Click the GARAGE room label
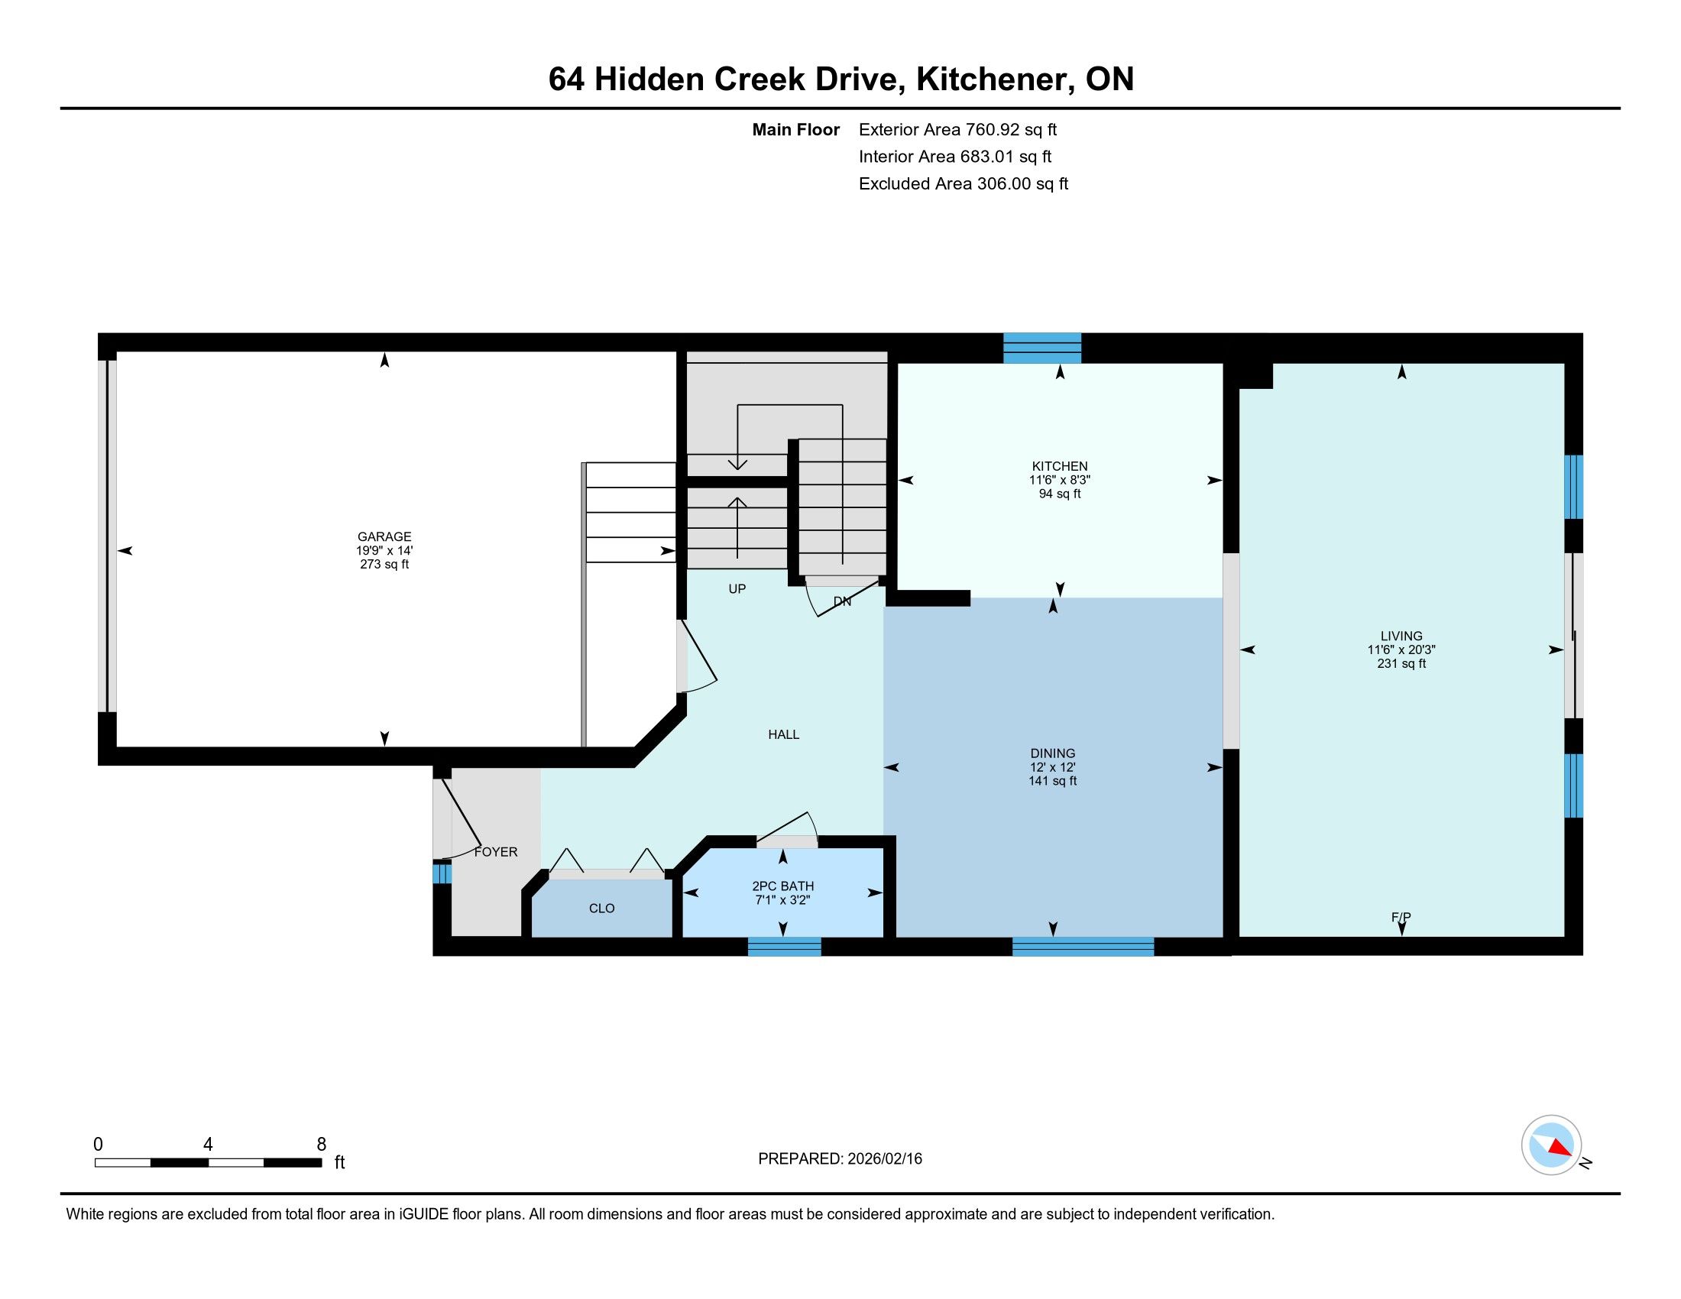tap(384, 536)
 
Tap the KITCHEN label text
tap(1060, 466)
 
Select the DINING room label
tap(1053, 753)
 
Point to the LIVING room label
tap(1401, 636)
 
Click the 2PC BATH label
tap(782, 886)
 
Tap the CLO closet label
tap(602, 909)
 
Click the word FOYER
tap(496, 852)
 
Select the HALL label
tap(783, 735)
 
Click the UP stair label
tap(737, 589)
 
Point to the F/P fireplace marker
tap(1401, 917)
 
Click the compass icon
tap(1552, 1145)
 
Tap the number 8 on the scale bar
tap(322, 1145)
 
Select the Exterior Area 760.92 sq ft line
tap(958, 130)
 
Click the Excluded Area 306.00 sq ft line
tap(964, 184)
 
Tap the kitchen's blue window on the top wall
tap(1042, 348)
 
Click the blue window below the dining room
tap(1083, 947)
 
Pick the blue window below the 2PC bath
tap(784, 947)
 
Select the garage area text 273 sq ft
tap(384, 564)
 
